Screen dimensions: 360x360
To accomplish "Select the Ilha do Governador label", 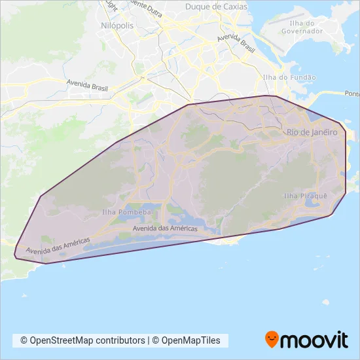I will click(x=302, y=27).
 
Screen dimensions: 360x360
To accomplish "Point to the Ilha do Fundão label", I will click(x=289, y=77).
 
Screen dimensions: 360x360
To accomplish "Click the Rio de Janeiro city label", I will click(x=312, y=133).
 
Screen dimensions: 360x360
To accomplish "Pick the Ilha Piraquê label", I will click(x=305, y=195).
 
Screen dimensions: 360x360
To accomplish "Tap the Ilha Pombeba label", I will click(x=127, y=212).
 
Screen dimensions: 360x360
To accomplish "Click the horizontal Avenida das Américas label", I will click(x=164, y=228).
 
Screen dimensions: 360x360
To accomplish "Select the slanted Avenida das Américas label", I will click(x=57, y=247).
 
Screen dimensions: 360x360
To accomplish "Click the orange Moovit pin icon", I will click(x=272, y=340).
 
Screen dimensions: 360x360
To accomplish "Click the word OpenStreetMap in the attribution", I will click(x=65, y=340).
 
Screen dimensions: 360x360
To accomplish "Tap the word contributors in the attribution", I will click(x=122, y=340).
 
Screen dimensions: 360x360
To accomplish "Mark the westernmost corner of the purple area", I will click(x=14, y=253).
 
